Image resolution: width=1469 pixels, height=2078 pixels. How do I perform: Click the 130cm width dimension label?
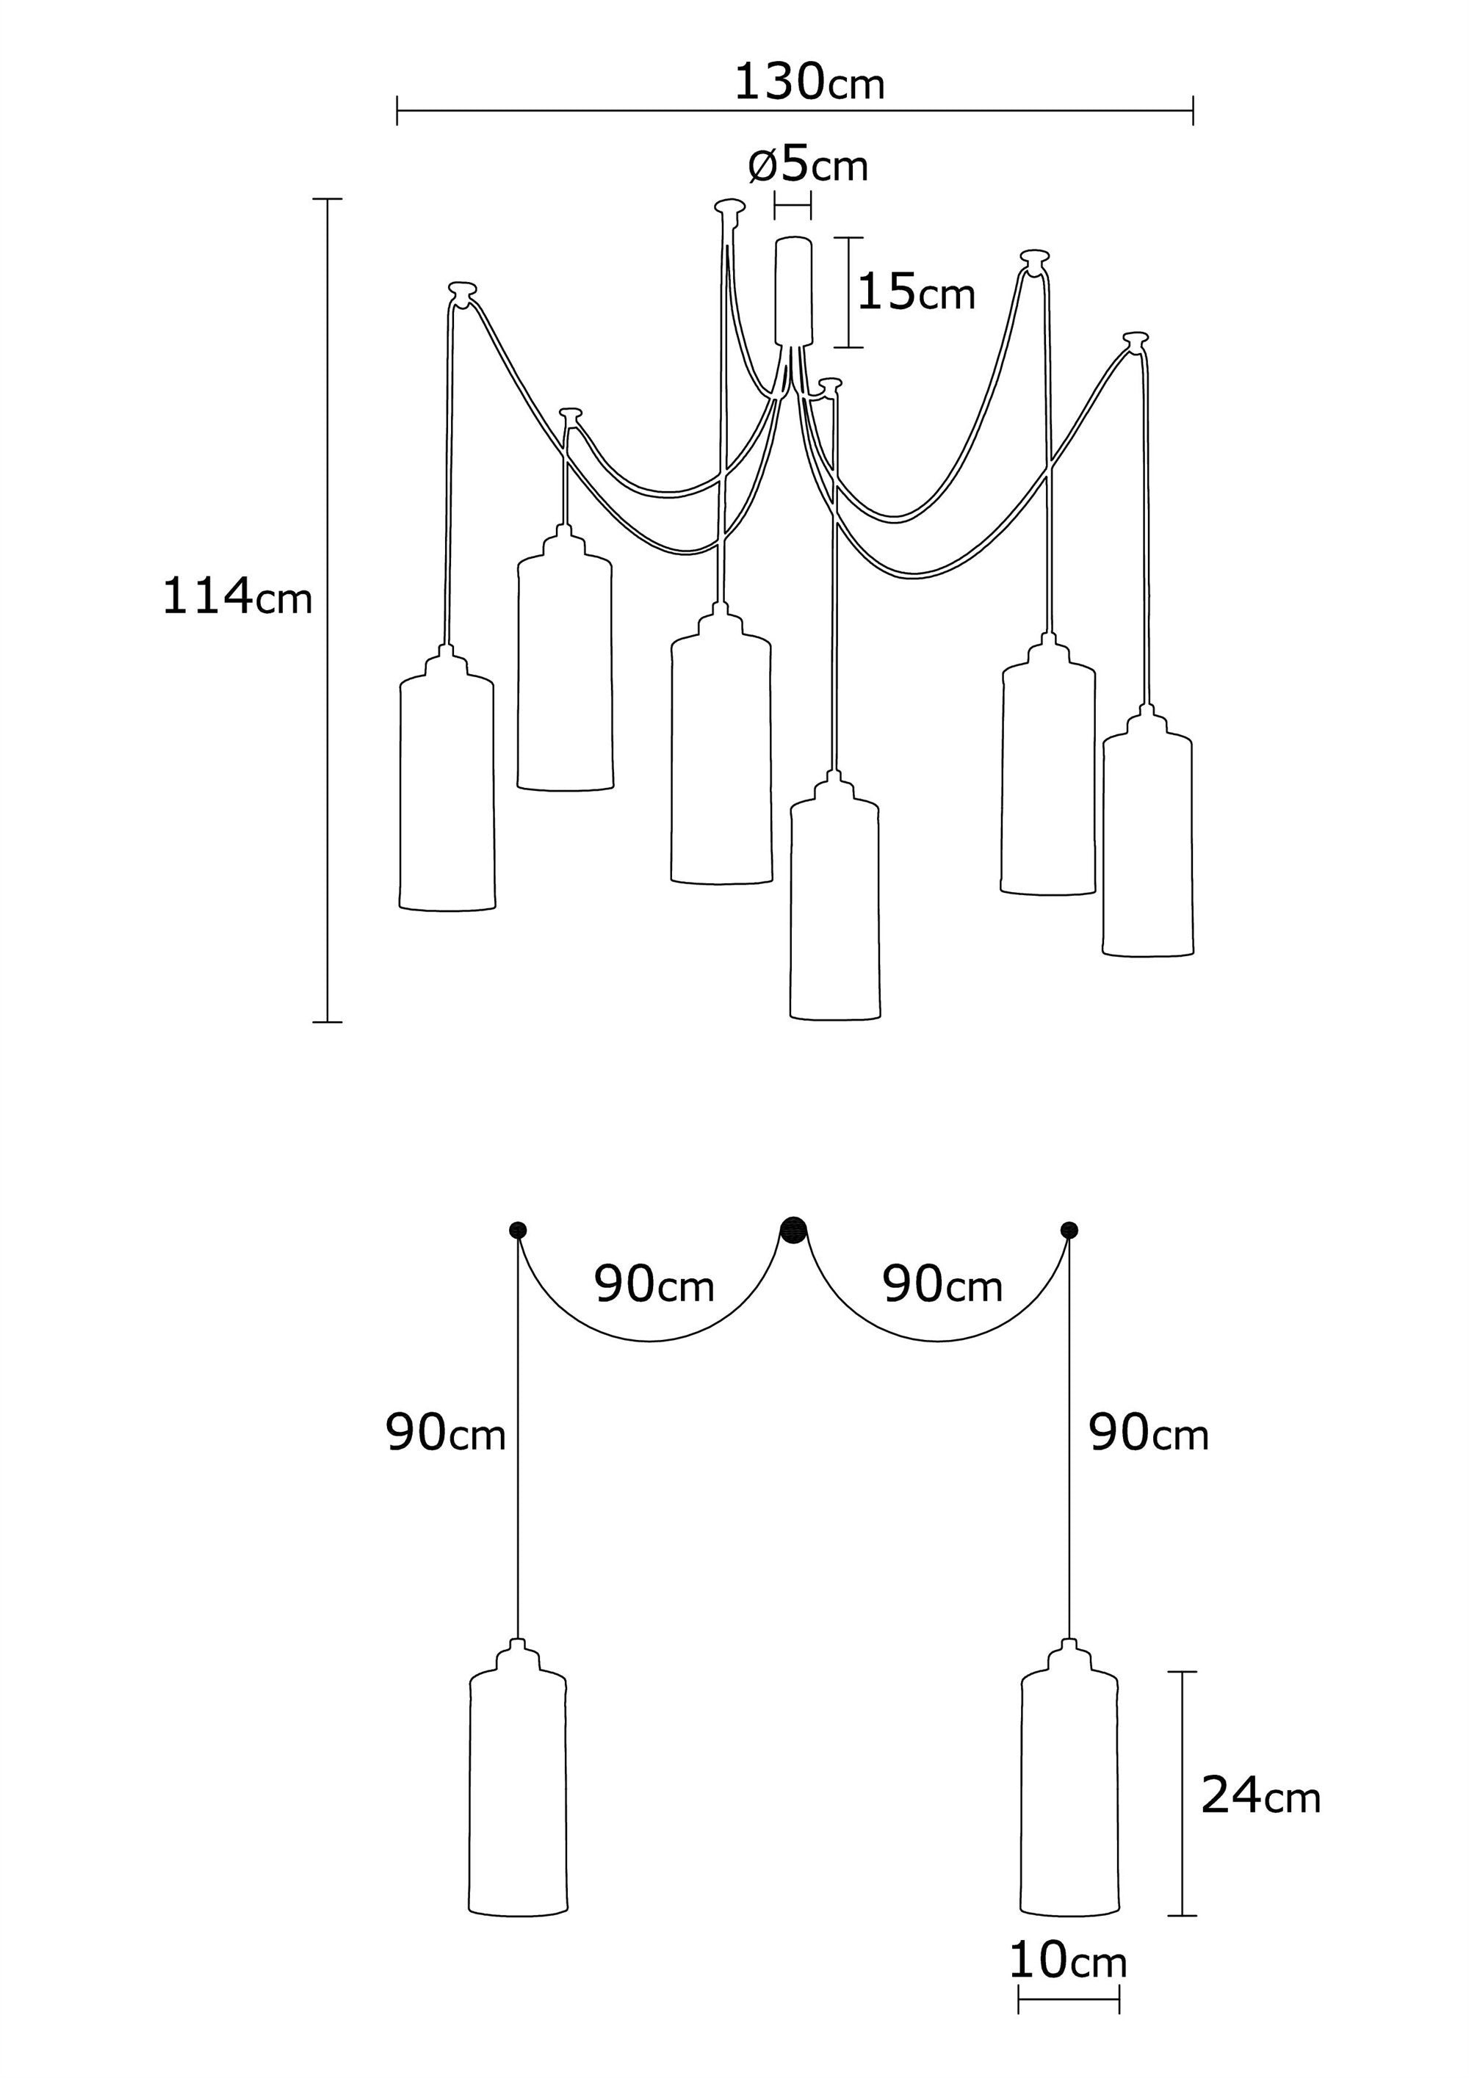click(808, 83)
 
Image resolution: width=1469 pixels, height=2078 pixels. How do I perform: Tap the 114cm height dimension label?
click(237, 598)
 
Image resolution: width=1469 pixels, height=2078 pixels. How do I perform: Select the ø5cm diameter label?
click(808, 166)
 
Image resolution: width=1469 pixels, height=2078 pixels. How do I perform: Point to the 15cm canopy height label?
click(916, 293)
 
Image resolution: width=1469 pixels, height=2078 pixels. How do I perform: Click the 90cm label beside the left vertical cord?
click(445, 1435)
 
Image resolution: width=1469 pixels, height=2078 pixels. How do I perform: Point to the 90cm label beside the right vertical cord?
click(1149, 1435)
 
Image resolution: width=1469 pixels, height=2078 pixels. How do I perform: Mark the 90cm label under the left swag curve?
click(654, 1285)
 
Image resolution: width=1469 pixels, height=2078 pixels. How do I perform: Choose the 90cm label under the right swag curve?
click(942, 1285)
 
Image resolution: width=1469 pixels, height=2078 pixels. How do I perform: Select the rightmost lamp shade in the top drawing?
click(1148, 841)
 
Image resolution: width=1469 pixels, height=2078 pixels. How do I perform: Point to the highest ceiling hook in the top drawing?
click(729, 206)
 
